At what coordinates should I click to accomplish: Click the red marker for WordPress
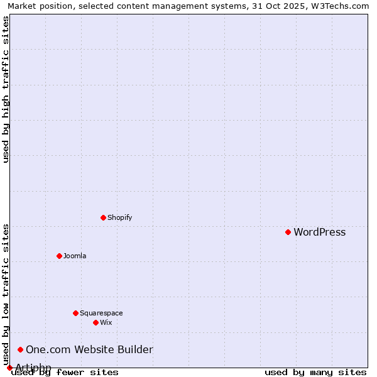288,232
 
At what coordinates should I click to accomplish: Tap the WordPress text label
319,232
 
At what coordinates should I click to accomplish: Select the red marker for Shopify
104,217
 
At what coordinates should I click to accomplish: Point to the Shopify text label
119,218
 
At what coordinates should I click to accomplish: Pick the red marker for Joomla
60,256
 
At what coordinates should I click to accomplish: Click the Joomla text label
75,256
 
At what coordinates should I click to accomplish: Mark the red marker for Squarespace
75,313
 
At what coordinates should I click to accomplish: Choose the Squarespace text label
101,314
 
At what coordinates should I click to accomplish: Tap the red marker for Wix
96,322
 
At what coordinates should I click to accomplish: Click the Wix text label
106,323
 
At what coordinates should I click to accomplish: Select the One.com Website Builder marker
21,349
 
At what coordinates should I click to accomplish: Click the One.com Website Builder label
89,350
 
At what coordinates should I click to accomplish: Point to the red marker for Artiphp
9,368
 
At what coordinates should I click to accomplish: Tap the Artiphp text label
33,368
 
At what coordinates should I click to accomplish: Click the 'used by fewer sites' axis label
65,373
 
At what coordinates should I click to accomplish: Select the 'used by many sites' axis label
315,373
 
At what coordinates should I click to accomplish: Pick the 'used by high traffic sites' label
6,89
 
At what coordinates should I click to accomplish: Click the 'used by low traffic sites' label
6,294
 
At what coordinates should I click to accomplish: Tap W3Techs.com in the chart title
337,6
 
